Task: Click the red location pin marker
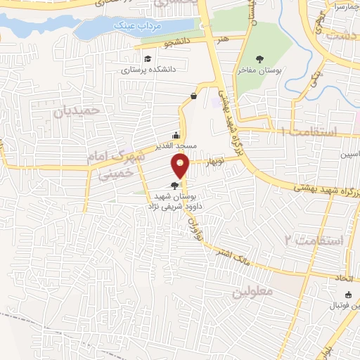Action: pyautogui.click(x=181, y=165)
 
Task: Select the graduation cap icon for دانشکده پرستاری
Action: pyautogui.click(x=148, y=58)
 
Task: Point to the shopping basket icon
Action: pyautogui.click(x=193, y=96)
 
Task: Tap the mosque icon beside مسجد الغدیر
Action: pyautogui.click(x=176, y=135)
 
